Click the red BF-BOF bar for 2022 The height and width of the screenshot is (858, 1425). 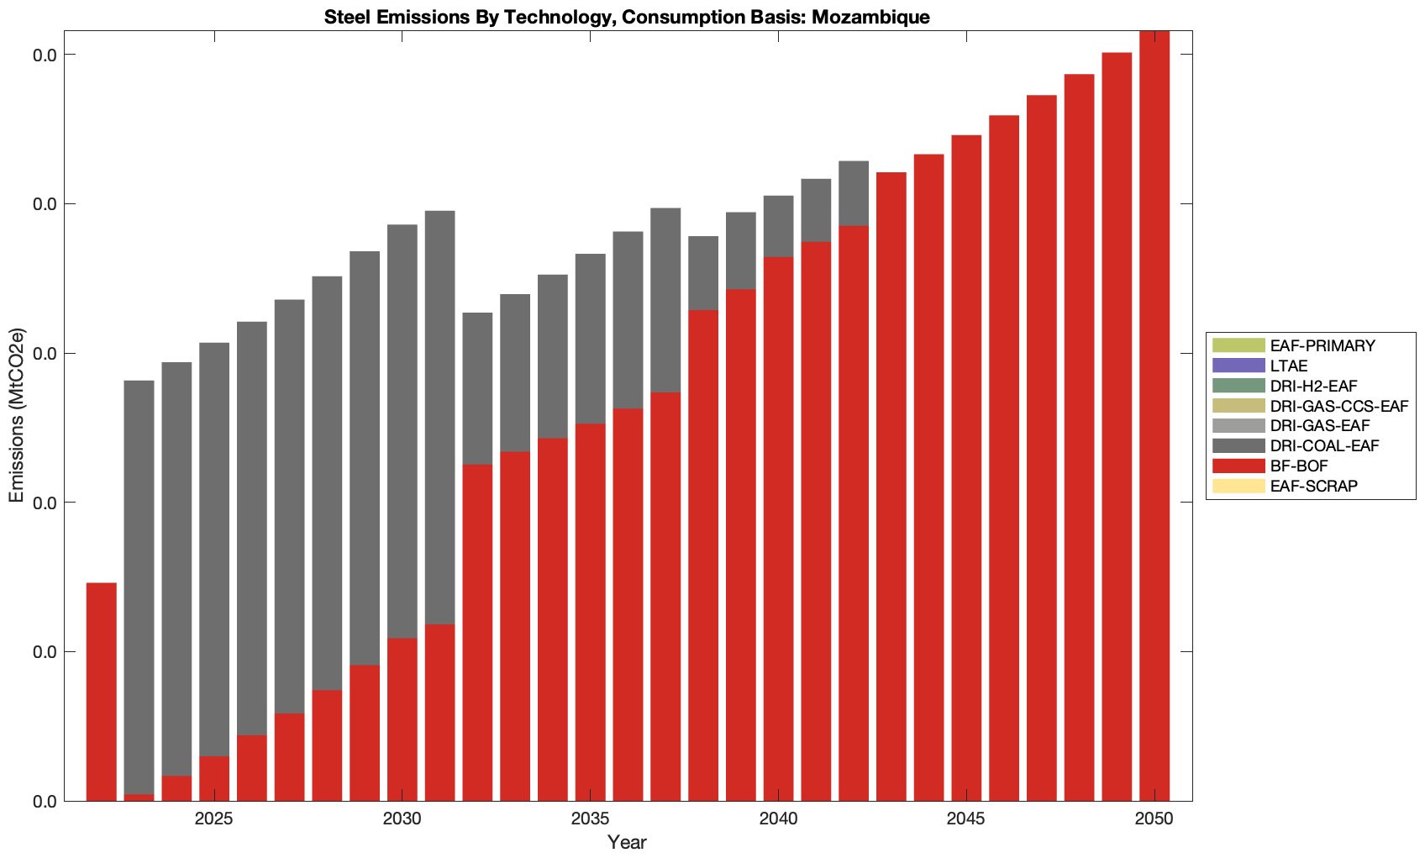(101, 691)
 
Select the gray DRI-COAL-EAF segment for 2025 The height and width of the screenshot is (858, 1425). (214, 549)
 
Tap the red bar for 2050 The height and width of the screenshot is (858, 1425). (1154, 416)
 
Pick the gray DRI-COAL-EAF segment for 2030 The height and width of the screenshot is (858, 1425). (402, 431)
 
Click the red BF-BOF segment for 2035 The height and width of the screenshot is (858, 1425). (590, 612)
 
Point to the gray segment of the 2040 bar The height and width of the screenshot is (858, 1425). (778, 226)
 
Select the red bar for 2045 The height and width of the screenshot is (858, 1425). (966, 468)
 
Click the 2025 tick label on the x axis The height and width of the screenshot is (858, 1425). (214, 820)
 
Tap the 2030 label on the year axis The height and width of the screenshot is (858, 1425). (402, 820)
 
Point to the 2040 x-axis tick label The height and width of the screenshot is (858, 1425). (778, 820)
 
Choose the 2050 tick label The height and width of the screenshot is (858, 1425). (1154, 820)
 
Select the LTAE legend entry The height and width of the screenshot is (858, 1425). (1289, 366)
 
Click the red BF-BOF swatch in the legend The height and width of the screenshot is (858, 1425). (1238, 466)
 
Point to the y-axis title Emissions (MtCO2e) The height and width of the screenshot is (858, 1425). (17, 415)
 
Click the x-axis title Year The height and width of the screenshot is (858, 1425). (627, 842)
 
